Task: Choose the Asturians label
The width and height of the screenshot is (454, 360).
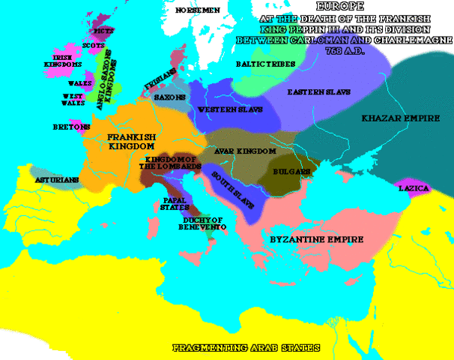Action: pos(56,181)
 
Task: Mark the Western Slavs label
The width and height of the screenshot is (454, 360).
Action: pos(225,110)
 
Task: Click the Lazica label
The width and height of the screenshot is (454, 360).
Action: pos(413,187)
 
